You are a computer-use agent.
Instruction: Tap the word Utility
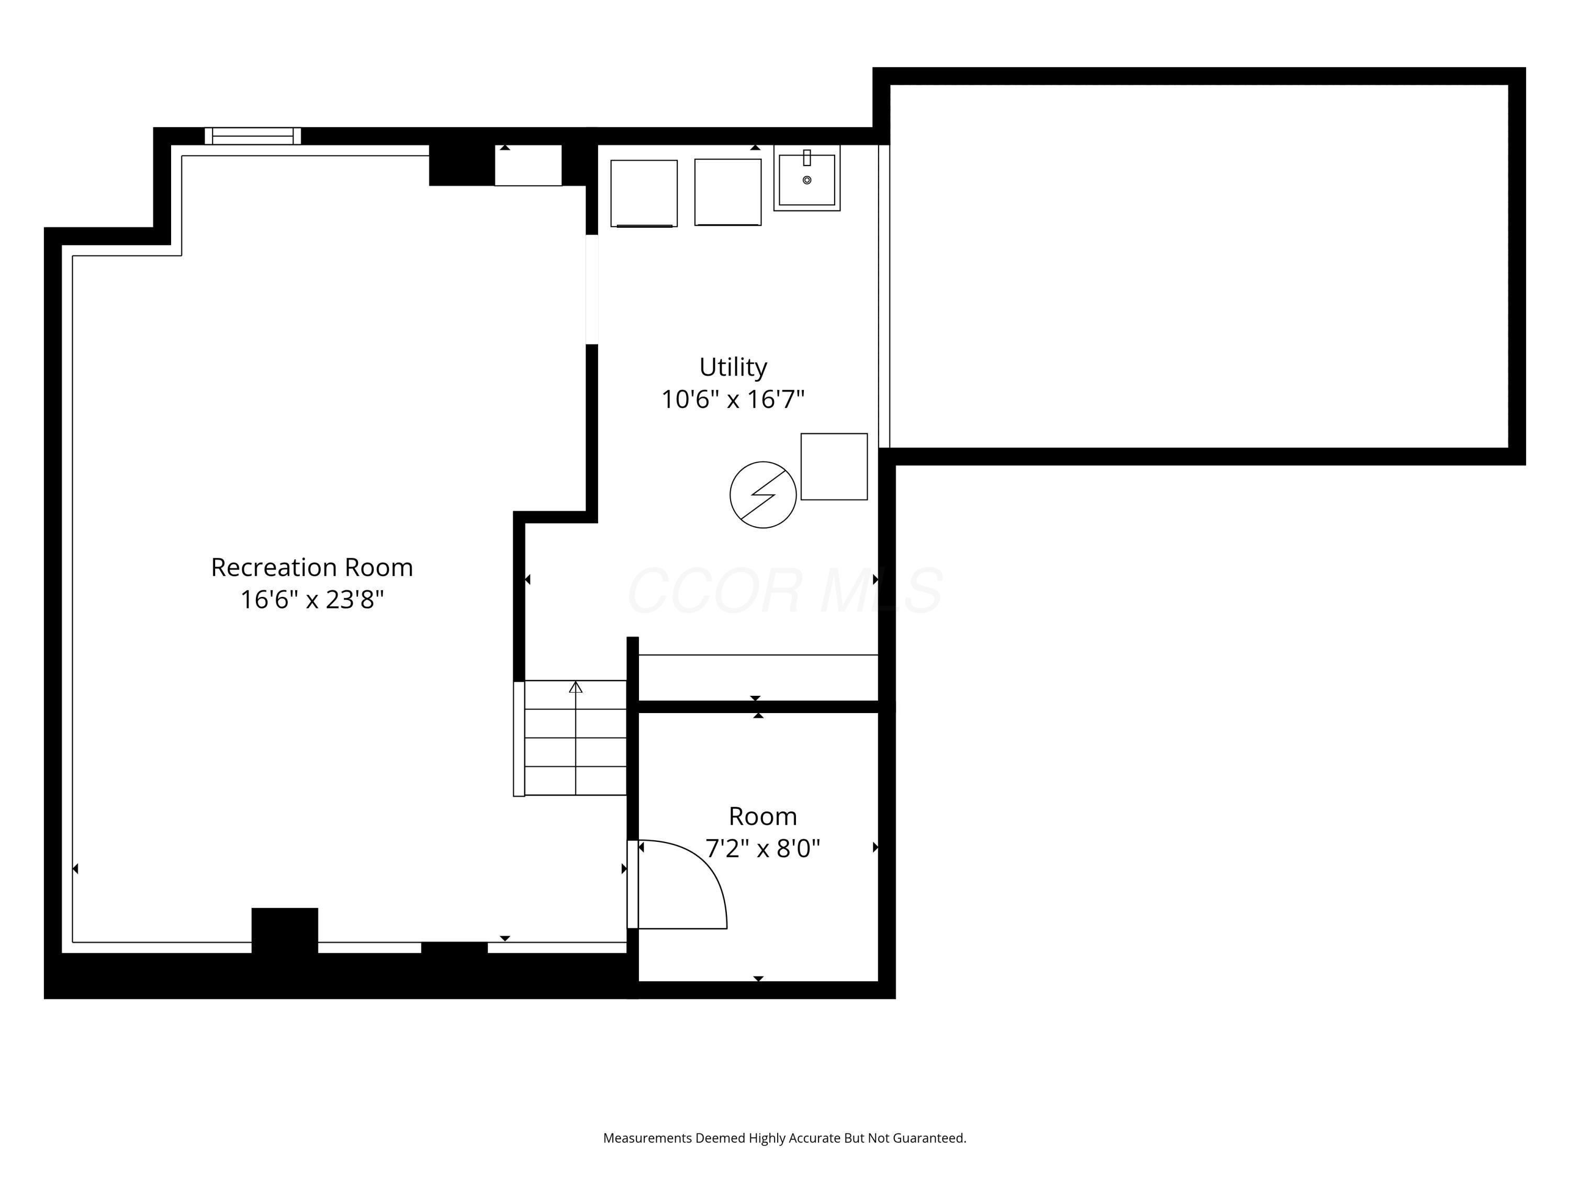coord(733,367)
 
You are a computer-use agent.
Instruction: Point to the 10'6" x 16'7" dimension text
coord(733,399)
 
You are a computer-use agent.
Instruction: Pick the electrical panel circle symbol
coord(762,495)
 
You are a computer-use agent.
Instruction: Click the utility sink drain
coord(806,180)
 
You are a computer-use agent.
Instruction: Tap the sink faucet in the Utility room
coord(806,158)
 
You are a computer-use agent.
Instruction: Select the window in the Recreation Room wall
coord(253,136)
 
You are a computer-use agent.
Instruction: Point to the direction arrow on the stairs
coord(576,687)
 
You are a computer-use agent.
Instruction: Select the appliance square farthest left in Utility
coord(644,193)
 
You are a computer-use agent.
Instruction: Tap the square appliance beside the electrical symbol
coord(834,466)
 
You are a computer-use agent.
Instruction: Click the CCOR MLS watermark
coord(784,591)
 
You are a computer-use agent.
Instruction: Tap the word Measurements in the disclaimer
coord(647,1138)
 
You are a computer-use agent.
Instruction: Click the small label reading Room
coord(762,817)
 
